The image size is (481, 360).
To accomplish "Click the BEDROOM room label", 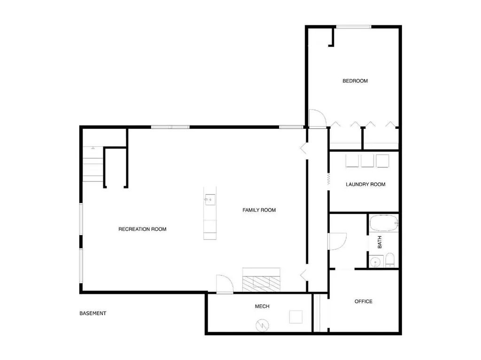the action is click(355, 81).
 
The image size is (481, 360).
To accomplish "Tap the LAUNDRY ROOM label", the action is click(365, 184).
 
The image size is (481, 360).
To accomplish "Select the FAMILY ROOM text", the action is click(259, 210).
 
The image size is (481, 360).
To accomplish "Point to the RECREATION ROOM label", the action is click(142, 229).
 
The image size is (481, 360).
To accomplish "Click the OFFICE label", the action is click(363, 302).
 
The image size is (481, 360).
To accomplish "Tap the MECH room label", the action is click(262, 306).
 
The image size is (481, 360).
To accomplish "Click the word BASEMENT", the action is click(93, 313).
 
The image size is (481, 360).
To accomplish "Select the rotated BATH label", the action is click(380, 242).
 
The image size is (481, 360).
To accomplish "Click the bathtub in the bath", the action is click(384, 223).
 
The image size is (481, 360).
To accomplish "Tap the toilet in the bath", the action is click(389, 260).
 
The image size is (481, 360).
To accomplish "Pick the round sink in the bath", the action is click(375, 262).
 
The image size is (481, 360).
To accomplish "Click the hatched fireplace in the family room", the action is click(261, 283).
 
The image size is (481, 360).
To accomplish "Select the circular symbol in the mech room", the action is click(262, 325).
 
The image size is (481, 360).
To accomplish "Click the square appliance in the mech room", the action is click(296, 317).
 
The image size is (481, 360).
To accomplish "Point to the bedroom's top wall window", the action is click(354, 27).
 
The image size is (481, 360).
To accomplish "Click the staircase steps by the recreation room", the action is click(93, 164).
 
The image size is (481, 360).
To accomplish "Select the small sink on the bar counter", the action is click(210, 200).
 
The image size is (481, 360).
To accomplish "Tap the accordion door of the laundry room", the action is click(328, 179).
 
